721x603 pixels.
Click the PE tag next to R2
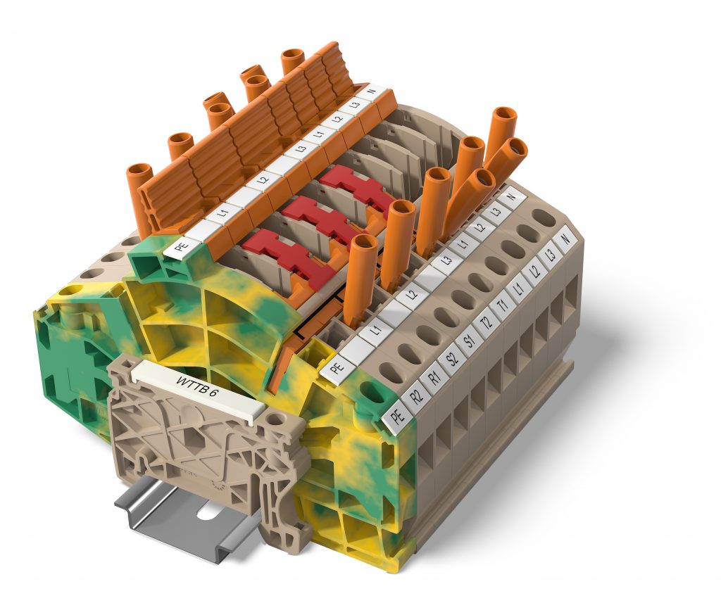pos(398,417)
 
